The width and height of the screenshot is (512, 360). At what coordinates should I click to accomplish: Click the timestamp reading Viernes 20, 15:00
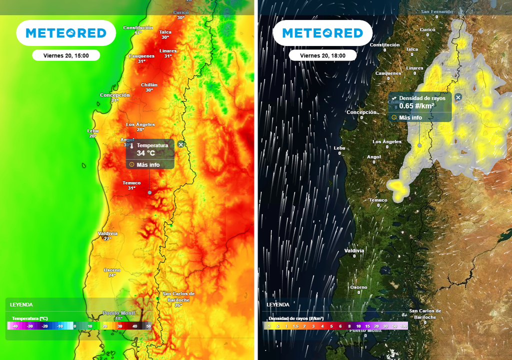[66, 55]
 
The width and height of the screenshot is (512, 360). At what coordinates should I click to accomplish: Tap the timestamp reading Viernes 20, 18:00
[322, 55]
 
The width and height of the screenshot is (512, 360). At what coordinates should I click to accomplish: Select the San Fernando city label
[436, 11]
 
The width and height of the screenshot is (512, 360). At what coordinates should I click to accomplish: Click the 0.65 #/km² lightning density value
[416, 106]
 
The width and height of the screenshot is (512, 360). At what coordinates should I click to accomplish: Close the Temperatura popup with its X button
[181, 144]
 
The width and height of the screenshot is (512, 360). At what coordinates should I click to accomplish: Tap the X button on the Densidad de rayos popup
[458, 97]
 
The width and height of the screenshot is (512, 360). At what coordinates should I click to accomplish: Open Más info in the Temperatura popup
[148, 164]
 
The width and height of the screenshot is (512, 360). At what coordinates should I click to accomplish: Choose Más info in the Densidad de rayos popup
[410, 117]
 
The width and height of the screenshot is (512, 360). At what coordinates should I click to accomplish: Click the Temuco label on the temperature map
[131, 183]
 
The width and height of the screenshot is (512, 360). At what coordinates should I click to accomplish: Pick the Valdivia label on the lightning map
[354, 250]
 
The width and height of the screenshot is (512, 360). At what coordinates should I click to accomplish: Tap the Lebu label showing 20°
[93, 131]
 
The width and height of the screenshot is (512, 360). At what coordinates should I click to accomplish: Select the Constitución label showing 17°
[137, 28]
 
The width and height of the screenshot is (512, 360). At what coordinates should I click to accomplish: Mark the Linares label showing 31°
[168, 51]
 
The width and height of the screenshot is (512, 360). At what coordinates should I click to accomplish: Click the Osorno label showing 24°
[112, 270]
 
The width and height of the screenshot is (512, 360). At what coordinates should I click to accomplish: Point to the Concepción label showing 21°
[115, 95]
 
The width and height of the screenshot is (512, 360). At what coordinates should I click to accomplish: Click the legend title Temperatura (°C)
[29, 318]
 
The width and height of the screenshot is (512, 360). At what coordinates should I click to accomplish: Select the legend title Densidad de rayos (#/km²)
[296, 318]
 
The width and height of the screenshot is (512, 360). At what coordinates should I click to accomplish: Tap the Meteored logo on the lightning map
[322, 33]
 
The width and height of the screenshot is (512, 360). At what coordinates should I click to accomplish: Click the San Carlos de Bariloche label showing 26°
[178, 296]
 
